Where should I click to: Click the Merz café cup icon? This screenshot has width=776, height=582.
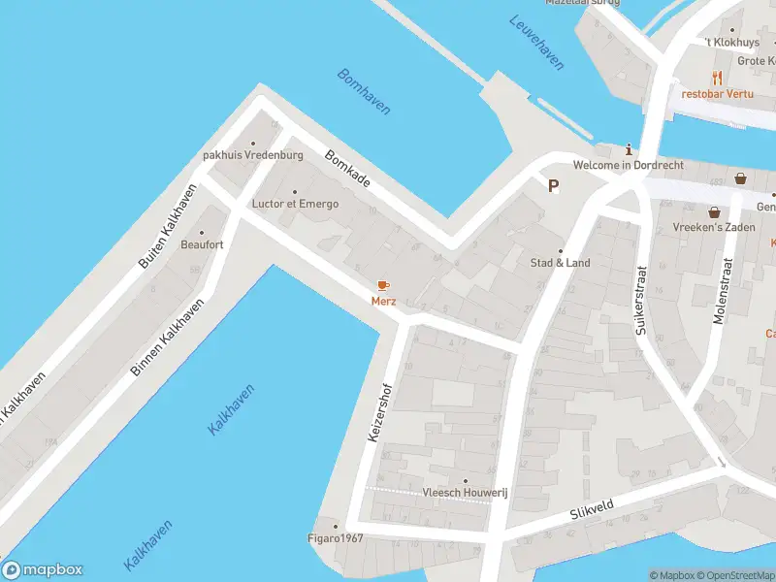point(382,285)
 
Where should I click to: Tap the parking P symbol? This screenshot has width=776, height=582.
point(554,186)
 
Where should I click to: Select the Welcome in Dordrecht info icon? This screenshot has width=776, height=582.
point(630,149)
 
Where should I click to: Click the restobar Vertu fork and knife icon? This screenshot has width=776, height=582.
point(717,78)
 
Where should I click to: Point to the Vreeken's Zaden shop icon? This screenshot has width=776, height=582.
point(715,211)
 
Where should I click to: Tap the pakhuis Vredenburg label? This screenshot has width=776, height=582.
point(253,155)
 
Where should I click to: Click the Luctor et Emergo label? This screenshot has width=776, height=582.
point(295,204)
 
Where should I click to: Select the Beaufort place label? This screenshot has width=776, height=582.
point(202,244)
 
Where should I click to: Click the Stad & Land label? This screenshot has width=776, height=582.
point(560,263)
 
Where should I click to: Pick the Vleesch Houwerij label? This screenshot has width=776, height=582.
point(465,493)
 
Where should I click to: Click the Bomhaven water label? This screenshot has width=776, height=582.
point(364,91)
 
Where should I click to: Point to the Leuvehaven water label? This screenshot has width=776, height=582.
point(536,42)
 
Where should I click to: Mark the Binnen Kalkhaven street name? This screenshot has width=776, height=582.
point(169,338)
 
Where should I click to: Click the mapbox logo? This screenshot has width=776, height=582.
point(43,570)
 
